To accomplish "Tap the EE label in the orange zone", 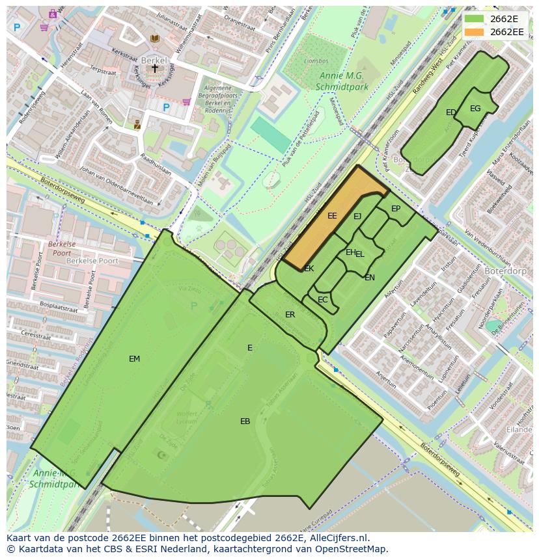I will [332, 216].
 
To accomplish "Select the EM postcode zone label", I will [134, 358].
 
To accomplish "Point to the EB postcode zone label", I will [245, 421].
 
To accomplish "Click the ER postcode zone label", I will [290, 315].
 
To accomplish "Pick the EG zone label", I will [475, 109].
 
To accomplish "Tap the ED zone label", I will [450, 113].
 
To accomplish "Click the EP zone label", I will [396, 209].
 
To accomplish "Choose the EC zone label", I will [323, 300].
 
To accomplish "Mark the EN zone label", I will [370, 278].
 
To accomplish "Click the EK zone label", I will [309, 269].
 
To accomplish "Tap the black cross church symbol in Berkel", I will [155, 68].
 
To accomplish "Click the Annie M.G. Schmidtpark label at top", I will [341, 81].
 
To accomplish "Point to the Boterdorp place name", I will [505, 269].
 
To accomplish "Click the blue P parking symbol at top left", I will [17, 27].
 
